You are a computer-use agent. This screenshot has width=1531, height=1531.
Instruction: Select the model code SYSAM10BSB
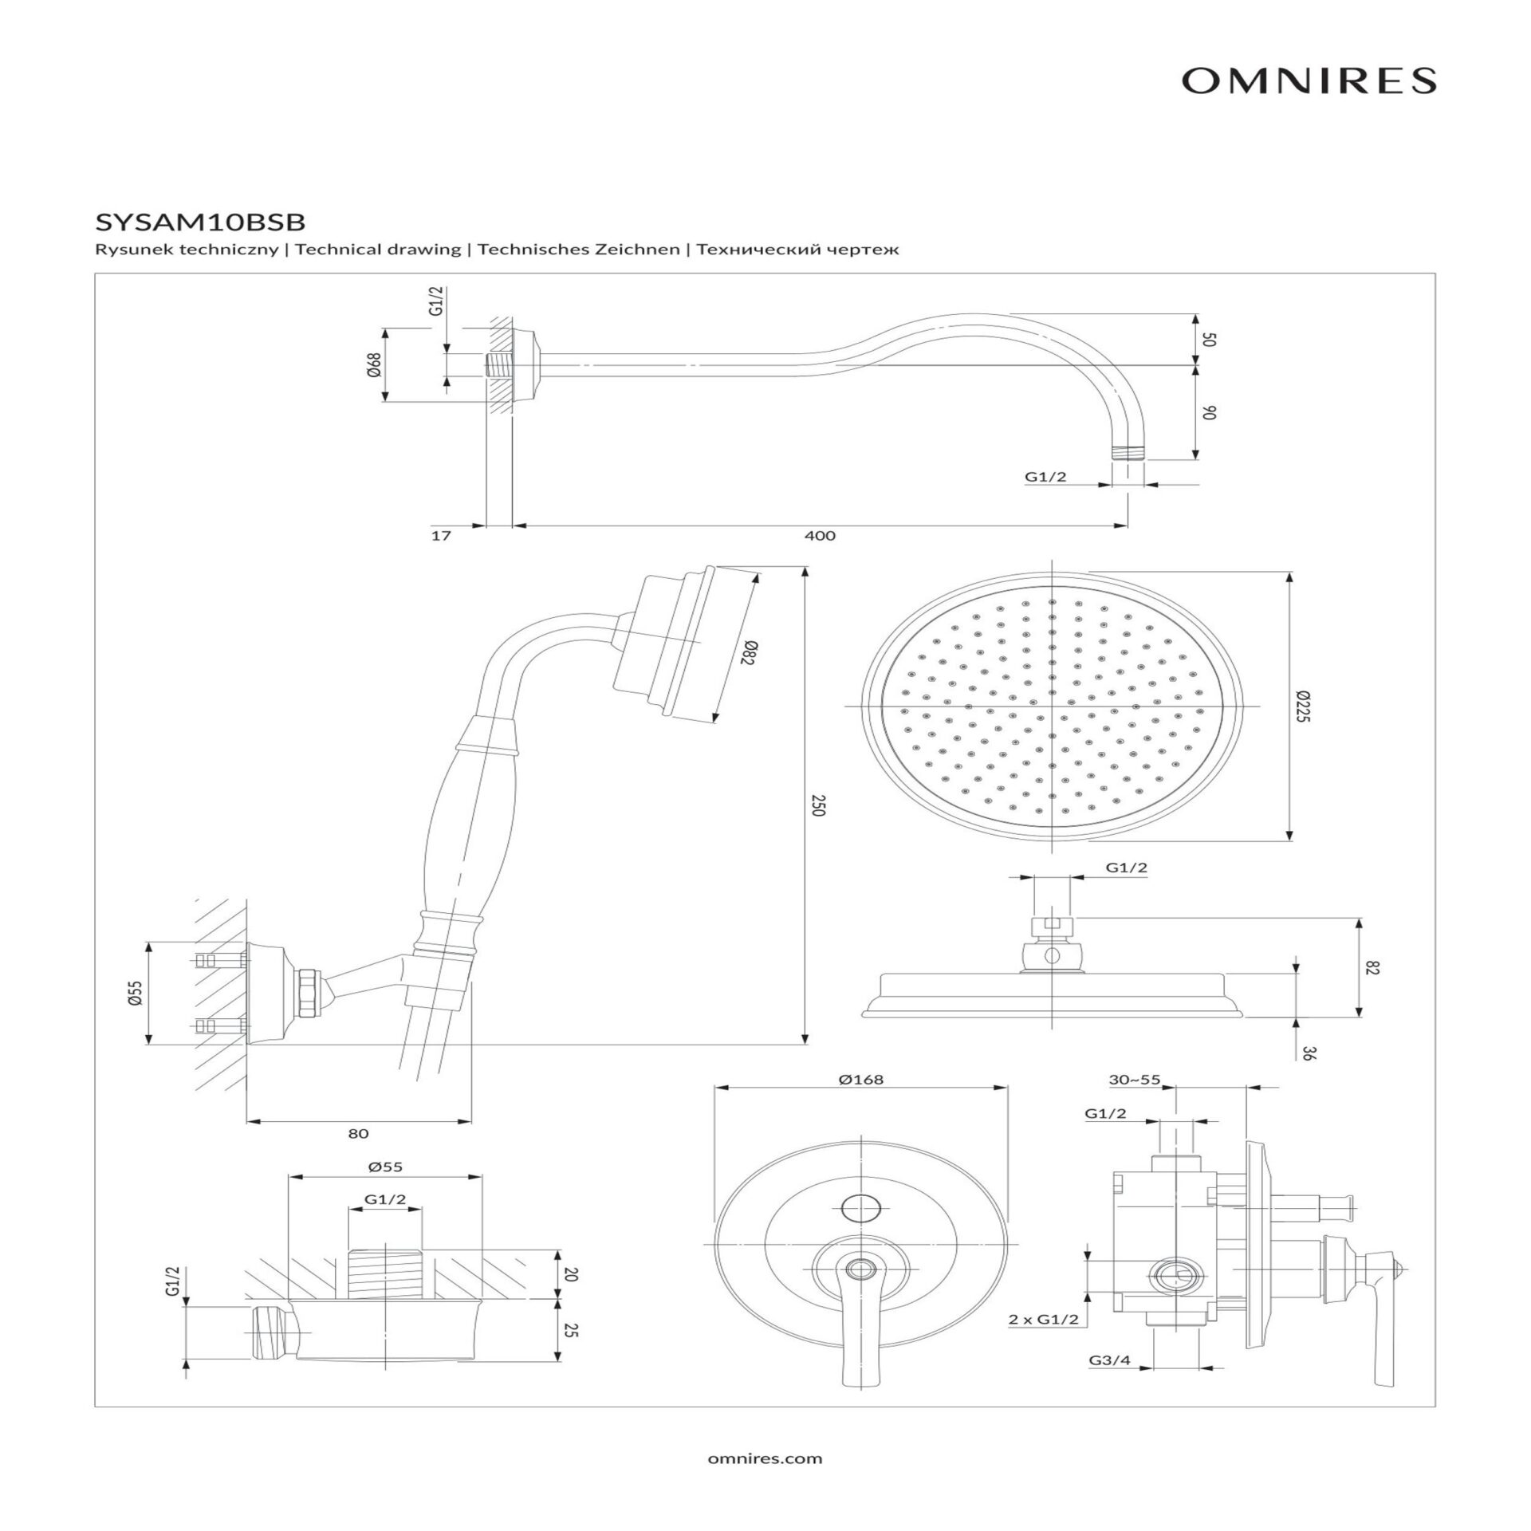tap(200, 219)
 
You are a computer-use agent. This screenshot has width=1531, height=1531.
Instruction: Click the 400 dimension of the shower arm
tap(820, 536)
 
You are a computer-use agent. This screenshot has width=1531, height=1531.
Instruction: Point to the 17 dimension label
tap(441, 536)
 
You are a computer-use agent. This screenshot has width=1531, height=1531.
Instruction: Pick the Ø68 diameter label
tap(376, 364)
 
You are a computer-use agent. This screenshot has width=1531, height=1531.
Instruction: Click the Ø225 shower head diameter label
tap(1303, 706)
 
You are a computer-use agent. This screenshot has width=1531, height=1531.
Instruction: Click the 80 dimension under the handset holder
tap(359, 1133)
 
